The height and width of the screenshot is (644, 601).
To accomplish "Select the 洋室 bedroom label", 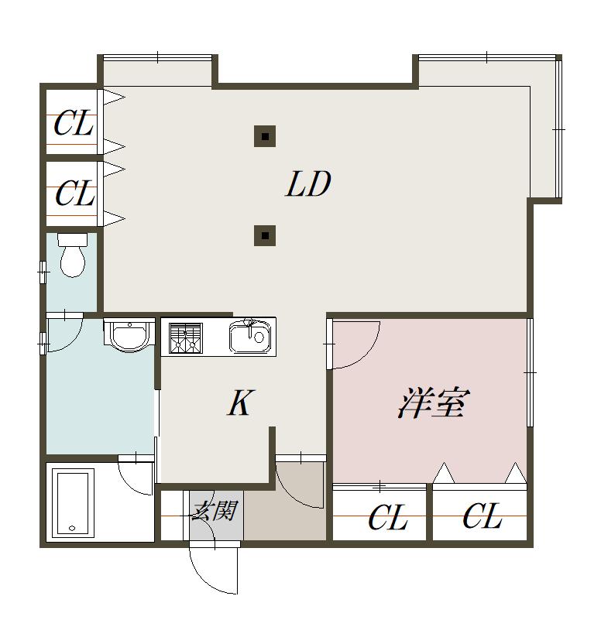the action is point(434,403).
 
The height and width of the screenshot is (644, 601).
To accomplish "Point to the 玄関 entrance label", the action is point(214,512).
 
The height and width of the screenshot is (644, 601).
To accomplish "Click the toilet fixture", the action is point(73,255).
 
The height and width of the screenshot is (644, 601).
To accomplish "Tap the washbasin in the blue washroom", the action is point(129,335).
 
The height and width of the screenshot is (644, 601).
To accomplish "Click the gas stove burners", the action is point(186,338).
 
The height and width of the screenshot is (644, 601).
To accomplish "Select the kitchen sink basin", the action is point(250,337).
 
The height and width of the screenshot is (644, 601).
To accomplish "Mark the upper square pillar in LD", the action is point(265,136).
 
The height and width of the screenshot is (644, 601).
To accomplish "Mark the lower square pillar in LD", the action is point(265,235).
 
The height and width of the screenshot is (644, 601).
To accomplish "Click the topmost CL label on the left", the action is point(73,123).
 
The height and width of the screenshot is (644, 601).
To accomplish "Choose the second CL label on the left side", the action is point(75,193).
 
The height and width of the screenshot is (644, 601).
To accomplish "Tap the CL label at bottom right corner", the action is point(483,516).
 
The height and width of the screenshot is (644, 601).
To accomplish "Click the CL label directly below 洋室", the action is point(388,518).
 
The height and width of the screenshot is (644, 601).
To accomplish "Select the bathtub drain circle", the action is point(72,528).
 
